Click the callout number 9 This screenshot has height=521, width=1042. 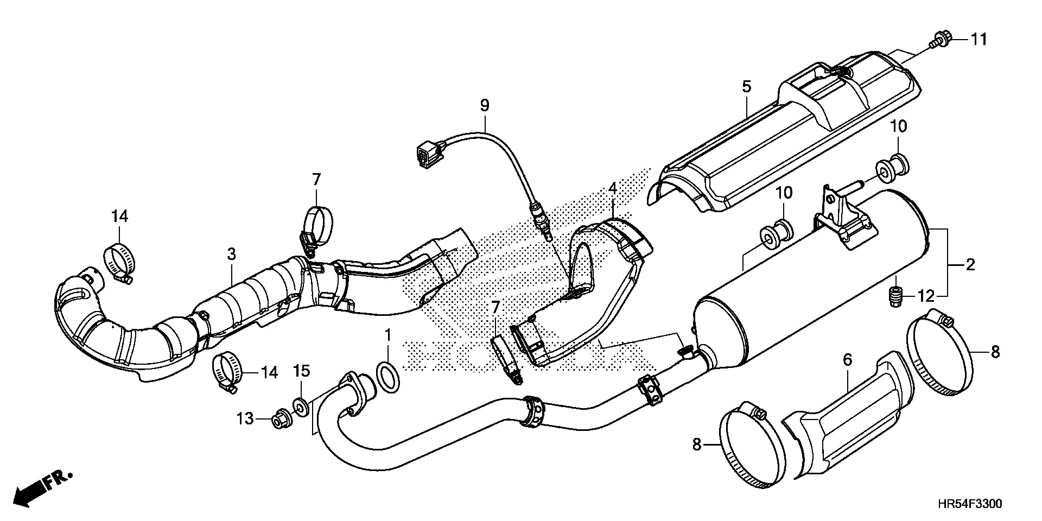coord(484,105)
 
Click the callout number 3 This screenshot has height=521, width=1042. coord(231,253)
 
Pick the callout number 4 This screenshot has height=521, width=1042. coord(612,189)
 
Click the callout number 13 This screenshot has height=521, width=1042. coord(245,418)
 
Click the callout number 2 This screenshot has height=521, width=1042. coord(970,265)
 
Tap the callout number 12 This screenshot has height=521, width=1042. coord(926,296)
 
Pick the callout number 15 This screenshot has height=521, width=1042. coord(302,371)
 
